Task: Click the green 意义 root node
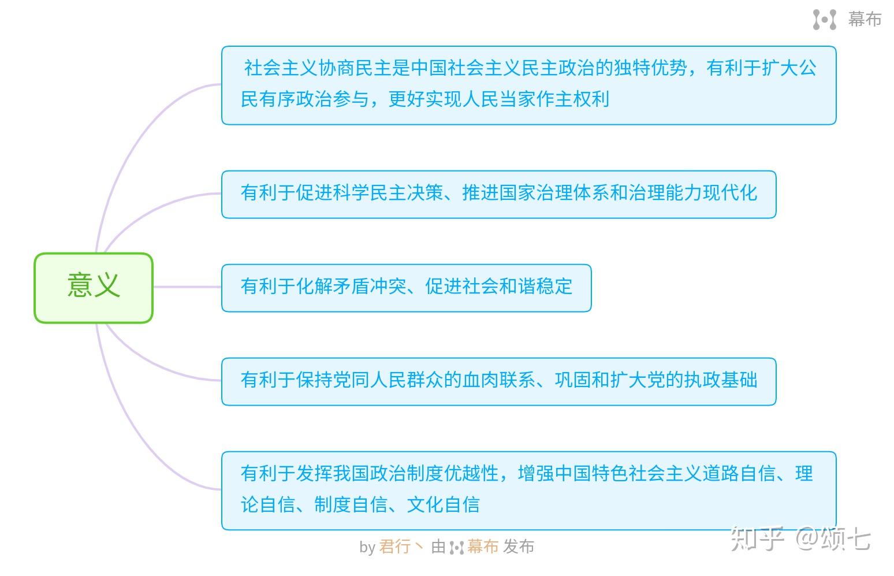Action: pos(94,288)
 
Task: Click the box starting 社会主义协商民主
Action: pos(529,86)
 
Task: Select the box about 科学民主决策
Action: pos(499,194)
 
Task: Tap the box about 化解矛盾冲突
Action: pos(407,288)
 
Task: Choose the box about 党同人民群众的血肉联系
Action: pos(499,382)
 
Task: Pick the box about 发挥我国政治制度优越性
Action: pos(529,490)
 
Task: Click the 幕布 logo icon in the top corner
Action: pos(825,19)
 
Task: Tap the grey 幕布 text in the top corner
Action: pos(865,19)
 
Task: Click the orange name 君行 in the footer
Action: pos(394,547)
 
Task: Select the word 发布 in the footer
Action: pos(519,547)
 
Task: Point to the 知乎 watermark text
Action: pos(757,538)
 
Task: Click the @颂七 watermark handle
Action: pos(833,538)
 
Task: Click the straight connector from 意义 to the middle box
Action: pos(188,287)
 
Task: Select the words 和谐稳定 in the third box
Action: pos(535,286)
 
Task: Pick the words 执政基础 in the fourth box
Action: pos(721,380)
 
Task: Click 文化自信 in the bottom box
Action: pos(444,504)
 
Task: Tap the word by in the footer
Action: pos(367,547)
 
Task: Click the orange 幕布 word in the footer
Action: pos(483,547)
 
